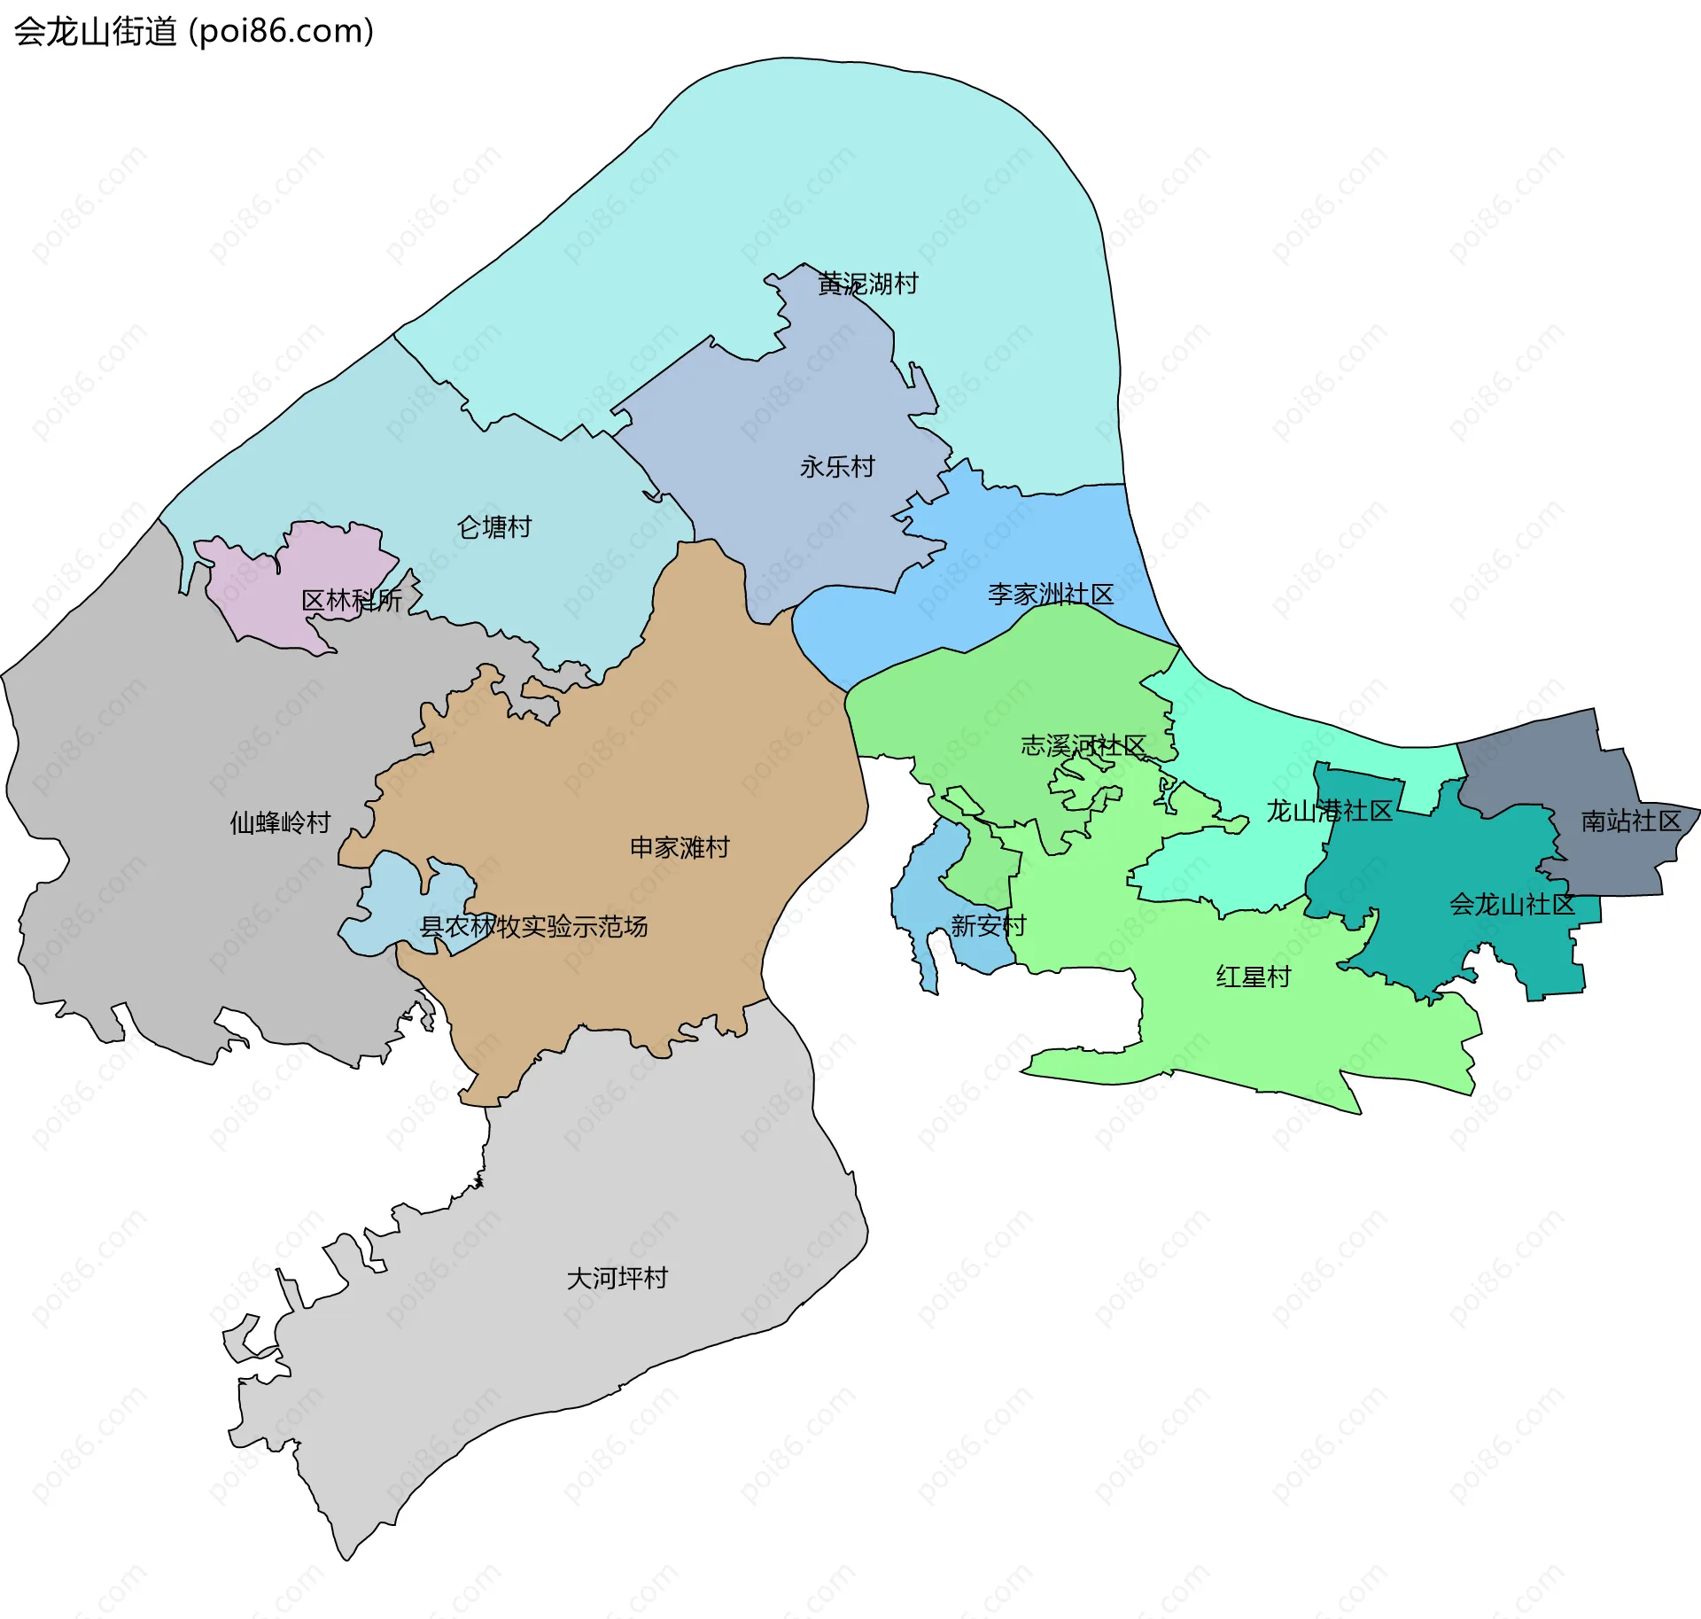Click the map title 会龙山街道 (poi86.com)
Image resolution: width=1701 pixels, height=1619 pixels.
[x=194, y=32]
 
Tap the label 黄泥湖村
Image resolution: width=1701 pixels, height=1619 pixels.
[x=867, y=284]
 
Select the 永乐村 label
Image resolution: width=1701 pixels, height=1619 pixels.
[x=837, y=466]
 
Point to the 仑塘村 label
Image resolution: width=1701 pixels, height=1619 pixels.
[x=494, y=527]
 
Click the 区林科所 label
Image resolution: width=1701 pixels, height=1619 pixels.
[x=352, y=600]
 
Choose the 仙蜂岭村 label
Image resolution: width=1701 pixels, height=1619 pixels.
[x=280, y=822]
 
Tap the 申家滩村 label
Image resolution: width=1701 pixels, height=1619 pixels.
[x=680, y=847]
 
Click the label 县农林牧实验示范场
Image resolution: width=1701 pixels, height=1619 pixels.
[x=533, y=927]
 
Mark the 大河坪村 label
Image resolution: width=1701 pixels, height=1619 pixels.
[x=617, y=1278]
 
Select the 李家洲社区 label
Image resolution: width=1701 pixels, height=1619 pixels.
[x=1051, y=594]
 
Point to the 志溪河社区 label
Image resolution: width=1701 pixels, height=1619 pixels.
[x=1084, y=745]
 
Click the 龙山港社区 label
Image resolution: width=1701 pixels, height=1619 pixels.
[x=1329, y=811]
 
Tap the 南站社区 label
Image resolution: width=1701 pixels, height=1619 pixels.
[x=1631, y=821]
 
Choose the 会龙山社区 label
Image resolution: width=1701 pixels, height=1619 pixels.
[x=1511, y=904]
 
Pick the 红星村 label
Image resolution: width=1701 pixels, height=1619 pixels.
[x=1254, y=977]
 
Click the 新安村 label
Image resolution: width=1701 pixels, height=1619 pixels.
[x=988, y=926]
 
